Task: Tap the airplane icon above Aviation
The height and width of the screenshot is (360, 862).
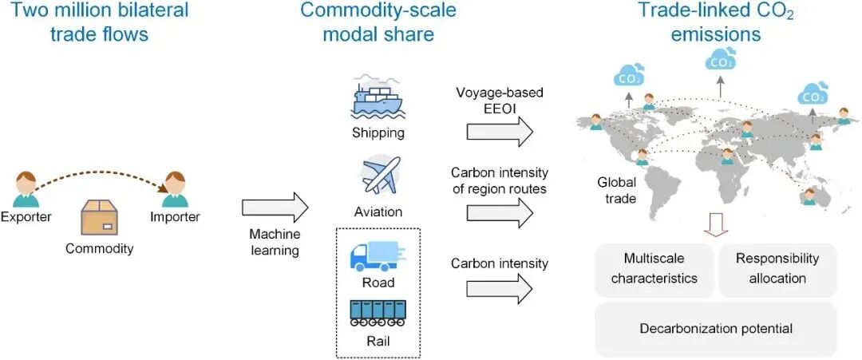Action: (x=380, y=176)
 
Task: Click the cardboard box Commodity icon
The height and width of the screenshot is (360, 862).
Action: (x=100, y=218)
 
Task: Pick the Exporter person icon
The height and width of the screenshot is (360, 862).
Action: (x=26, y=189)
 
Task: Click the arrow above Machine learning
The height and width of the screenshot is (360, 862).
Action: (x=274, y=207)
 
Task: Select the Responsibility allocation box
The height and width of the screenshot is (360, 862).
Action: (x=777, y=269)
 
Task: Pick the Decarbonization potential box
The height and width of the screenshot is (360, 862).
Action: (x=715, y=328)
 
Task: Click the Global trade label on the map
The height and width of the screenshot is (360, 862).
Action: (x=616, y=191)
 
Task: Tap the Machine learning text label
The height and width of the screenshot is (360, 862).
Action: (x=274, y=243)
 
